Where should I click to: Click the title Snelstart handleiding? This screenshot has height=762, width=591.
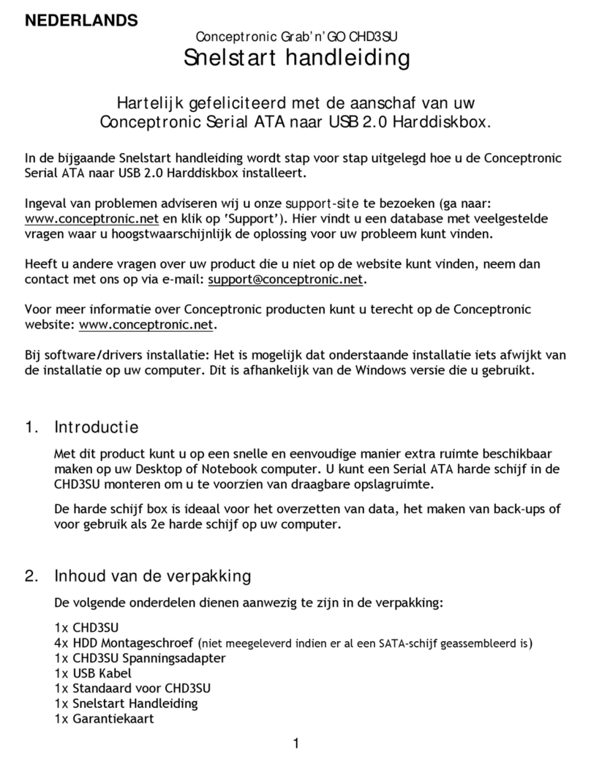point(295,59)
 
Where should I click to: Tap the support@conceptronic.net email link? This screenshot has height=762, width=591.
point(285,280)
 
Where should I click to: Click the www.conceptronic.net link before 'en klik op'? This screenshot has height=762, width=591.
point(91,220)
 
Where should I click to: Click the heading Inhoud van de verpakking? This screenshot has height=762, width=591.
point(152,576)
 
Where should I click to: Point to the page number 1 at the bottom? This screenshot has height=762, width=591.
point(295,744)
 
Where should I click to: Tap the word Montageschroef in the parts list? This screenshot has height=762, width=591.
point(154,643)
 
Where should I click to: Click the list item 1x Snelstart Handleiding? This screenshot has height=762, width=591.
point(127,703)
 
